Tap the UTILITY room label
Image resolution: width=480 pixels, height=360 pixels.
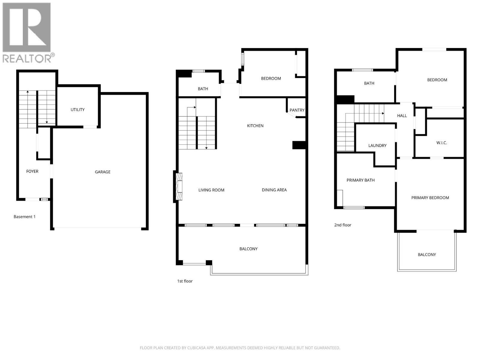77,109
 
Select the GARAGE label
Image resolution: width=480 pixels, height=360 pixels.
103,172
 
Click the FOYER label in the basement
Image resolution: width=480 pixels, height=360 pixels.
32,171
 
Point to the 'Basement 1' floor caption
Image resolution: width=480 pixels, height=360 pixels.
25,217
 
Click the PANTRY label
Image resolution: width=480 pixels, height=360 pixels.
297,110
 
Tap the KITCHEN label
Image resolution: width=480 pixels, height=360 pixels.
255,126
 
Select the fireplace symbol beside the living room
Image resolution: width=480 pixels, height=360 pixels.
178,186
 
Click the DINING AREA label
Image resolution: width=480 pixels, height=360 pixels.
274,190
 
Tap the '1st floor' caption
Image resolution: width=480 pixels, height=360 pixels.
185,281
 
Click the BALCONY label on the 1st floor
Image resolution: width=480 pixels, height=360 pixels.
248,249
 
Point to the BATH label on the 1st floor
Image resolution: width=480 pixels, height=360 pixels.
203,89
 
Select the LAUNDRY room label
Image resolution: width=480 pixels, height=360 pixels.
377,145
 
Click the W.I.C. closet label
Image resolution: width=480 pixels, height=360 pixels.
442,143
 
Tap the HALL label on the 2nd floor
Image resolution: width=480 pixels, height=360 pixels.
402,115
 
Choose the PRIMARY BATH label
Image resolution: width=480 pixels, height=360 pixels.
361,180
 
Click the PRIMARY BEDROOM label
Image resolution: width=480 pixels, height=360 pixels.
430,198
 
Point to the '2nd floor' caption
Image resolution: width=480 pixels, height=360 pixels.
343,225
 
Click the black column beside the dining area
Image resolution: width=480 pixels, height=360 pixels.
299,145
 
